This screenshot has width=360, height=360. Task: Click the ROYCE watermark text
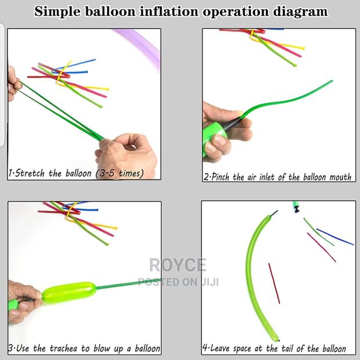pyautogui.click(x=178, y=265)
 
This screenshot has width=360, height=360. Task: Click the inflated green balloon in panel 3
pyautogui.click(x=69, y=292)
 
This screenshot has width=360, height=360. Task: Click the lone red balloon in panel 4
pyautogui.click(x=274, y=283)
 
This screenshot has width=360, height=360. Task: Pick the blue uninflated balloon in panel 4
pyautogui.click(x=336, y=237)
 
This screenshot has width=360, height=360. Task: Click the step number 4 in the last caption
pyautogui.click(x=205, y=348)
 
